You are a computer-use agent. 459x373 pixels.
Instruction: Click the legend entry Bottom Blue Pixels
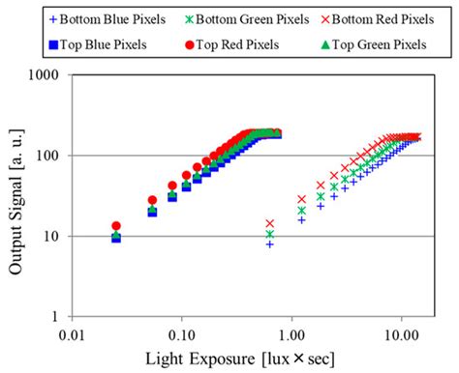coord(107,19)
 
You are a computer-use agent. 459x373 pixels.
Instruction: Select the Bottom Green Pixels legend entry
coord(247,19)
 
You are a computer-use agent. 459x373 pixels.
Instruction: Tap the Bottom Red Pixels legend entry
coord(378,19)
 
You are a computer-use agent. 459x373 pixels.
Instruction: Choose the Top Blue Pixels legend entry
coord(98,44)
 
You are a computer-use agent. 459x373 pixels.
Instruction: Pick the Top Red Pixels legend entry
coord(232,44)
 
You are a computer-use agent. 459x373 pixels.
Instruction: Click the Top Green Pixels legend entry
coord(374,44)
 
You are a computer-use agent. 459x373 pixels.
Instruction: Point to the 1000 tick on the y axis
coord(44,75)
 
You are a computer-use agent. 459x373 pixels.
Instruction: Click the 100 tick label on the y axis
coord(47,156)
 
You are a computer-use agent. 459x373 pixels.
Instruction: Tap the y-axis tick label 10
coord(51,237)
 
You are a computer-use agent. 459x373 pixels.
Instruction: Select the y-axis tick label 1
coord(55,317)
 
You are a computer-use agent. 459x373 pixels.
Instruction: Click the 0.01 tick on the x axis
coord(72,335)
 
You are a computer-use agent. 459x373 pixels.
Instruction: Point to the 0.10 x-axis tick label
coord(182,335)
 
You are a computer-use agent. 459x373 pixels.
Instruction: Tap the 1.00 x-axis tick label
coord(291,335)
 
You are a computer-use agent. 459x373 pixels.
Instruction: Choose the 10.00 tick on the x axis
coord(402,335)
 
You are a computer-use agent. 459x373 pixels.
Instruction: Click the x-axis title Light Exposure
coord(200,359)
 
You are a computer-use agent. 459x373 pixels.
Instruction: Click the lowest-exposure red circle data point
coord(116,226)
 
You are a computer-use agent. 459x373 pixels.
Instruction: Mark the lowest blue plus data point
coord(270,244)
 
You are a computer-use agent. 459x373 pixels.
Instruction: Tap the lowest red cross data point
coord(270,223)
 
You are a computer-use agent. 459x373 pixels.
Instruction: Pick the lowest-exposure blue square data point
coord(116,239)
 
